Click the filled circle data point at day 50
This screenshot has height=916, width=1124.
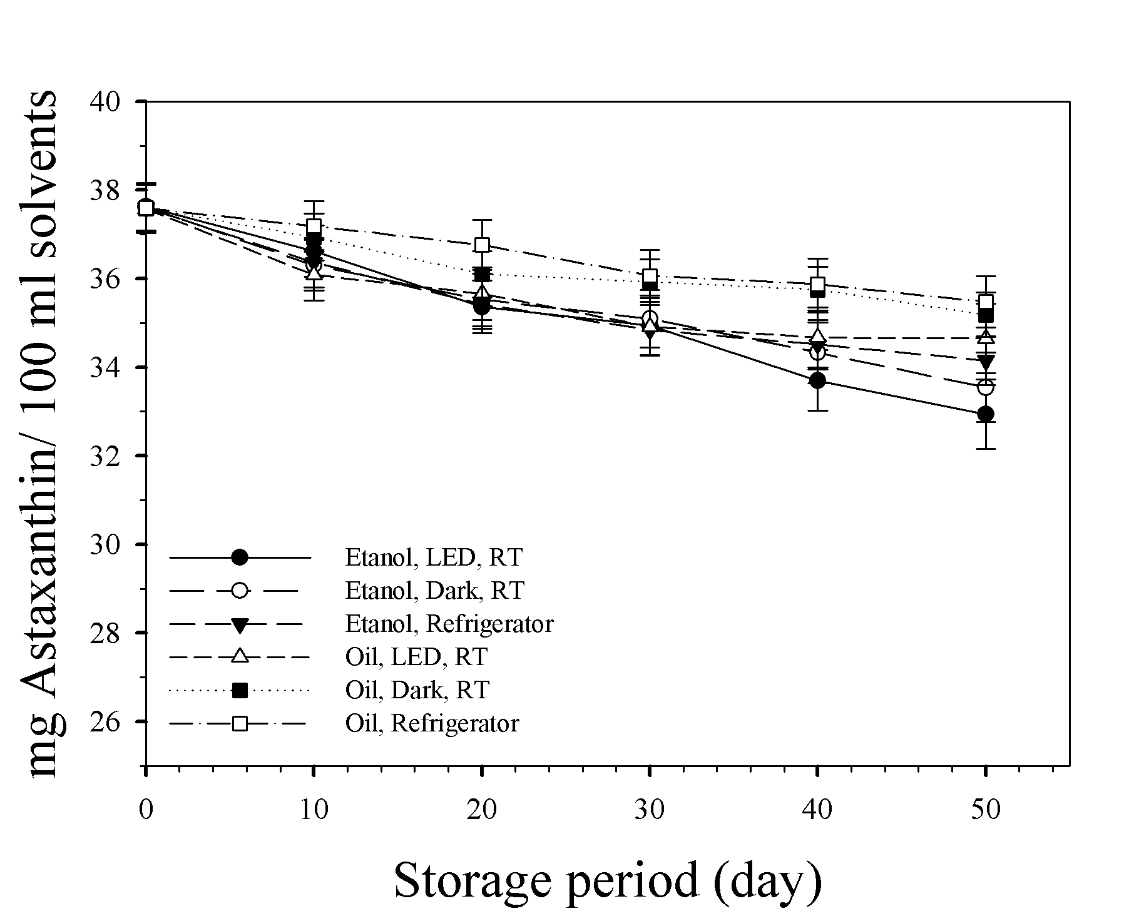coord(986,414)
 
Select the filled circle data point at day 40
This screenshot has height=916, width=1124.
coord(817,380)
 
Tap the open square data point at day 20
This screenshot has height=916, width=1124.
coord(482,245)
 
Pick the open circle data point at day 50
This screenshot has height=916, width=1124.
coord(986,387)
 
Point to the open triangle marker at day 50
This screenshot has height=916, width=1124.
coord(986,337)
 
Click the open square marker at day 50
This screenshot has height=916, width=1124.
coord(986,302)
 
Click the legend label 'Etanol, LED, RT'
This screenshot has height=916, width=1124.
coord(434,557)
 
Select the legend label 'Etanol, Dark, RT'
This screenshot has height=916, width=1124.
coord(435,591)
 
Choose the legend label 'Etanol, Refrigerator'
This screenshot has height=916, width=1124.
coord(449,624)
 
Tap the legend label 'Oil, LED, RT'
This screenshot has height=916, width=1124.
coord(416,657)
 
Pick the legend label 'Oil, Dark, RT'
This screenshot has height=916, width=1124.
coord(417,690)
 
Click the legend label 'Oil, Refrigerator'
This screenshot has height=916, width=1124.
coord(432,724)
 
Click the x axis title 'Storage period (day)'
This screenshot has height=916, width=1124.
coord(607,881)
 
